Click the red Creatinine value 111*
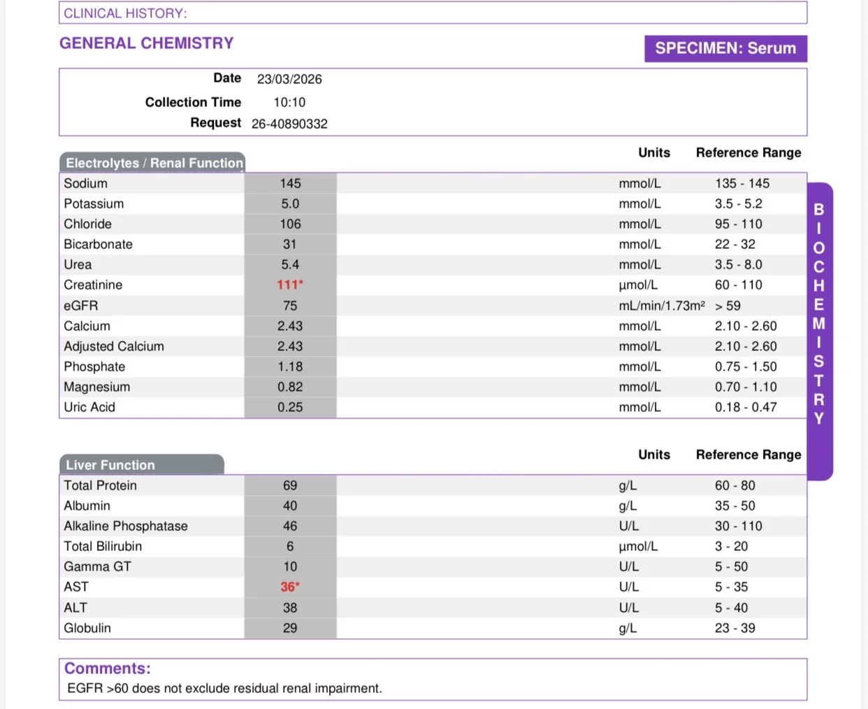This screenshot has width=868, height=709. tap(290, 285)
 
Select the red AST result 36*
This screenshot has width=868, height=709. tap(290, 587)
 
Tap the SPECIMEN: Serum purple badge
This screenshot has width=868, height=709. tap(725, 48)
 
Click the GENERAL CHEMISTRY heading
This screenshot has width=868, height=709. tap(147, 43)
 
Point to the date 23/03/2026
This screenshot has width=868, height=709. tap(289, 79)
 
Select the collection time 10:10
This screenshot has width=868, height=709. tap(289, 102)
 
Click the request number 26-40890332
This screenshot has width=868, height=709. tap(289, 124)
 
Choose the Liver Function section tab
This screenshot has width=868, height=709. tap(142, 464)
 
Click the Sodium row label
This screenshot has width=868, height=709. tap(85, 183)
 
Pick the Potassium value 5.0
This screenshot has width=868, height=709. tap(290, 203)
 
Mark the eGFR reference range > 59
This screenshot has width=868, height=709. tap(728, 306)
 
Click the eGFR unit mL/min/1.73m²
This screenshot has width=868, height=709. tap(662, 306)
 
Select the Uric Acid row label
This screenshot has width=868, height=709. tap(89, 407)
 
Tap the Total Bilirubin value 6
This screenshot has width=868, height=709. tap(290, 546)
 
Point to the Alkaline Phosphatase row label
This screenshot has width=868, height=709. tap(126, 526)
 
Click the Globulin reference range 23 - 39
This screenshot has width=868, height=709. tap(735, 628)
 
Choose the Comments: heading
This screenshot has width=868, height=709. tap(108, 668)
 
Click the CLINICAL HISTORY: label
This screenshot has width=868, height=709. tap(125, 13)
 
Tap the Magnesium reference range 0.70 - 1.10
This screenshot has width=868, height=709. tap(746, 387)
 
